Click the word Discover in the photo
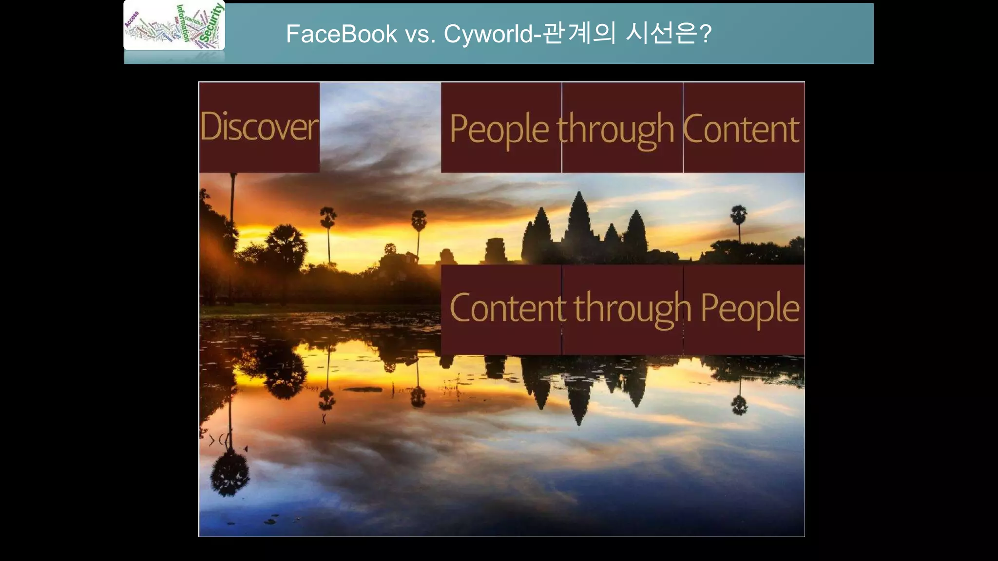pyautogui.click(x=259, y=127)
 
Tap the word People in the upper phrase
pyautogui.click(x=499, y=130)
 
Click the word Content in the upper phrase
pyautogui.click(x=741, y=130)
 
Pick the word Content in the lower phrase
pyautogui.click(x=507, y=309)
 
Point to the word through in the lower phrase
pyautogui.click(x=632, y=309)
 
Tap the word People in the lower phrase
pyautogui.click(x=750, y=309)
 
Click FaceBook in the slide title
pyautogui.click(x=341, y=34)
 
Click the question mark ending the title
pyautogui.click(x=705, y=34)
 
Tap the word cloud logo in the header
pyautogui.click(x=174, y=25)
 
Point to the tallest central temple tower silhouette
pyautogui.click(x=578, y=219)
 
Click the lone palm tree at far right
pyautogui.click(x=739, y=222)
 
